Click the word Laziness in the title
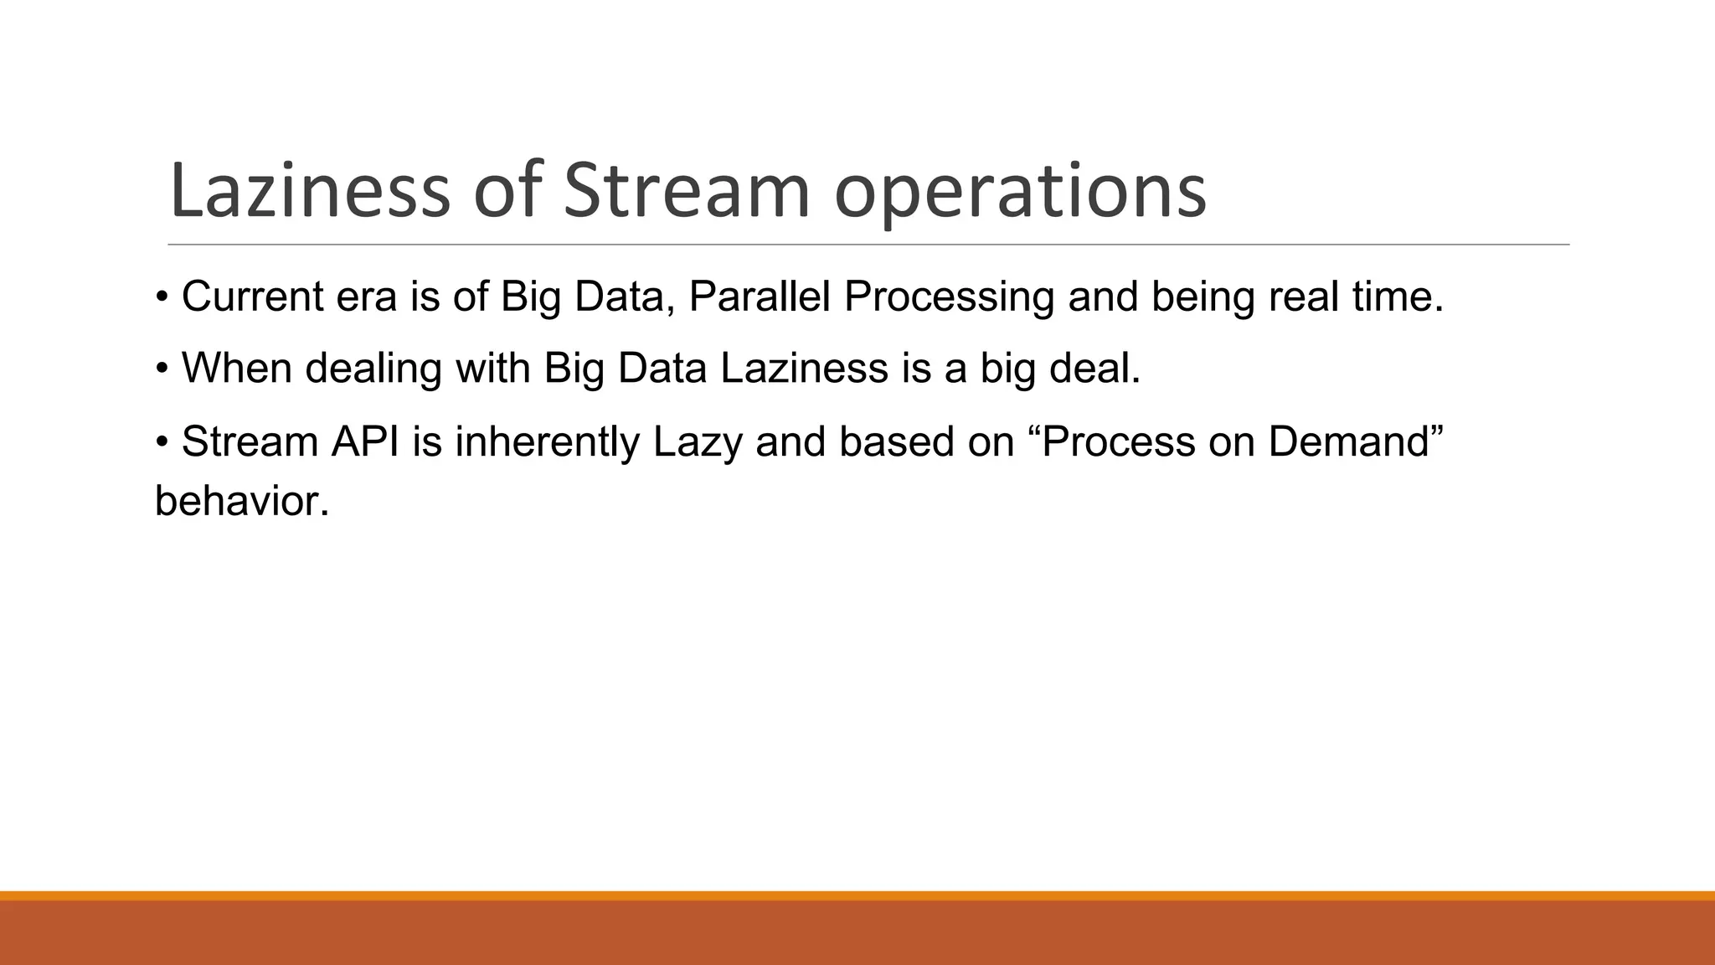coord(309,191)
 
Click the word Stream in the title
coord(686,191)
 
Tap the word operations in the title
coord(1020,194)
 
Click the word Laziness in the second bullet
coord(803,369)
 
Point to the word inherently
coord(547,443)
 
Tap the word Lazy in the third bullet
coord(697,443)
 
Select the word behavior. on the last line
coord(242,502)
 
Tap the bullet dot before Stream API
coord(162,443)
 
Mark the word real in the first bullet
coord(1304,297)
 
